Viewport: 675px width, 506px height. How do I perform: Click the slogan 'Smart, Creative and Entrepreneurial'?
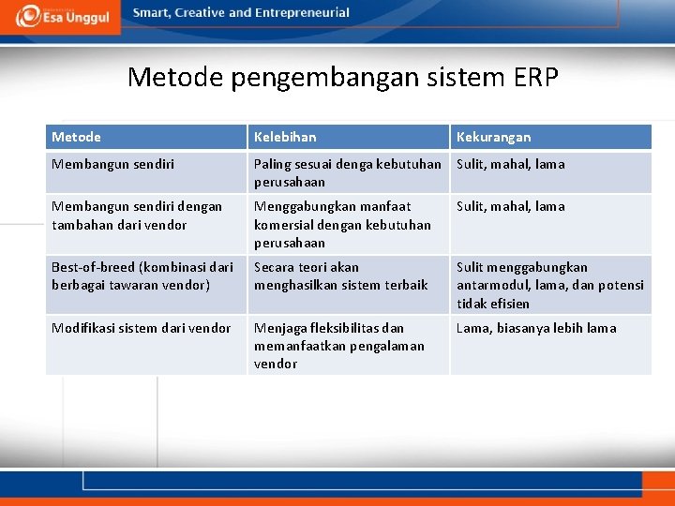(241, 13)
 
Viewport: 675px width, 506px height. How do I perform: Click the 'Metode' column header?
(76, 138)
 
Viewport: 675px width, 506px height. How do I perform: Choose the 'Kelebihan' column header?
(285, 138)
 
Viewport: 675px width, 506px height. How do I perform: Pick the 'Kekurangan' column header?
(493, 138)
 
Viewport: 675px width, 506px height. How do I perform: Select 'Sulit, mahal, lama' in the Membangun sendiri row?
(511, 164)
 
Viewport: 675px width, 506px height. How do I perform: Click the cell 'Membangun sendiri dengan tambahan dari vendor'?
(137, 216)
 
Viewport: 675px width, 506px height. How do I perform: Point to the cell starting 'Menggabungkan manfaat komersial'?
(342, 224)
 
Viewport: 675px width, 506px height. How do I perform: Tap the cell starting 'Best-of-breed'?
(142, 275)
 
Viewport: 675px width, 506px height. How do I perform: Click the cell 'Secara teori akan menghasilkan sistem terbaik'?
(340, 275)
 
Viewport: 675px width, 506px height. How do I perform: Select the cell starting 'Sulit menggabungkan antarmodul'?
(549, 285)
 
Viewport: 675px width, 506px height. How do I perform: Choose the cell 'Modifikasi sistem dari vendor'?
(141, 328)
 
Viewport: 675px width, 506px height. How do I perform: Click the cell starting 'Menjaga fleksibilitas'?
(338, 345)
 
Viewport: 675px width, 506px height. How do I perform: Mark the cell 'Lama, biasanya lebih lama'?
(536, 328)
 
